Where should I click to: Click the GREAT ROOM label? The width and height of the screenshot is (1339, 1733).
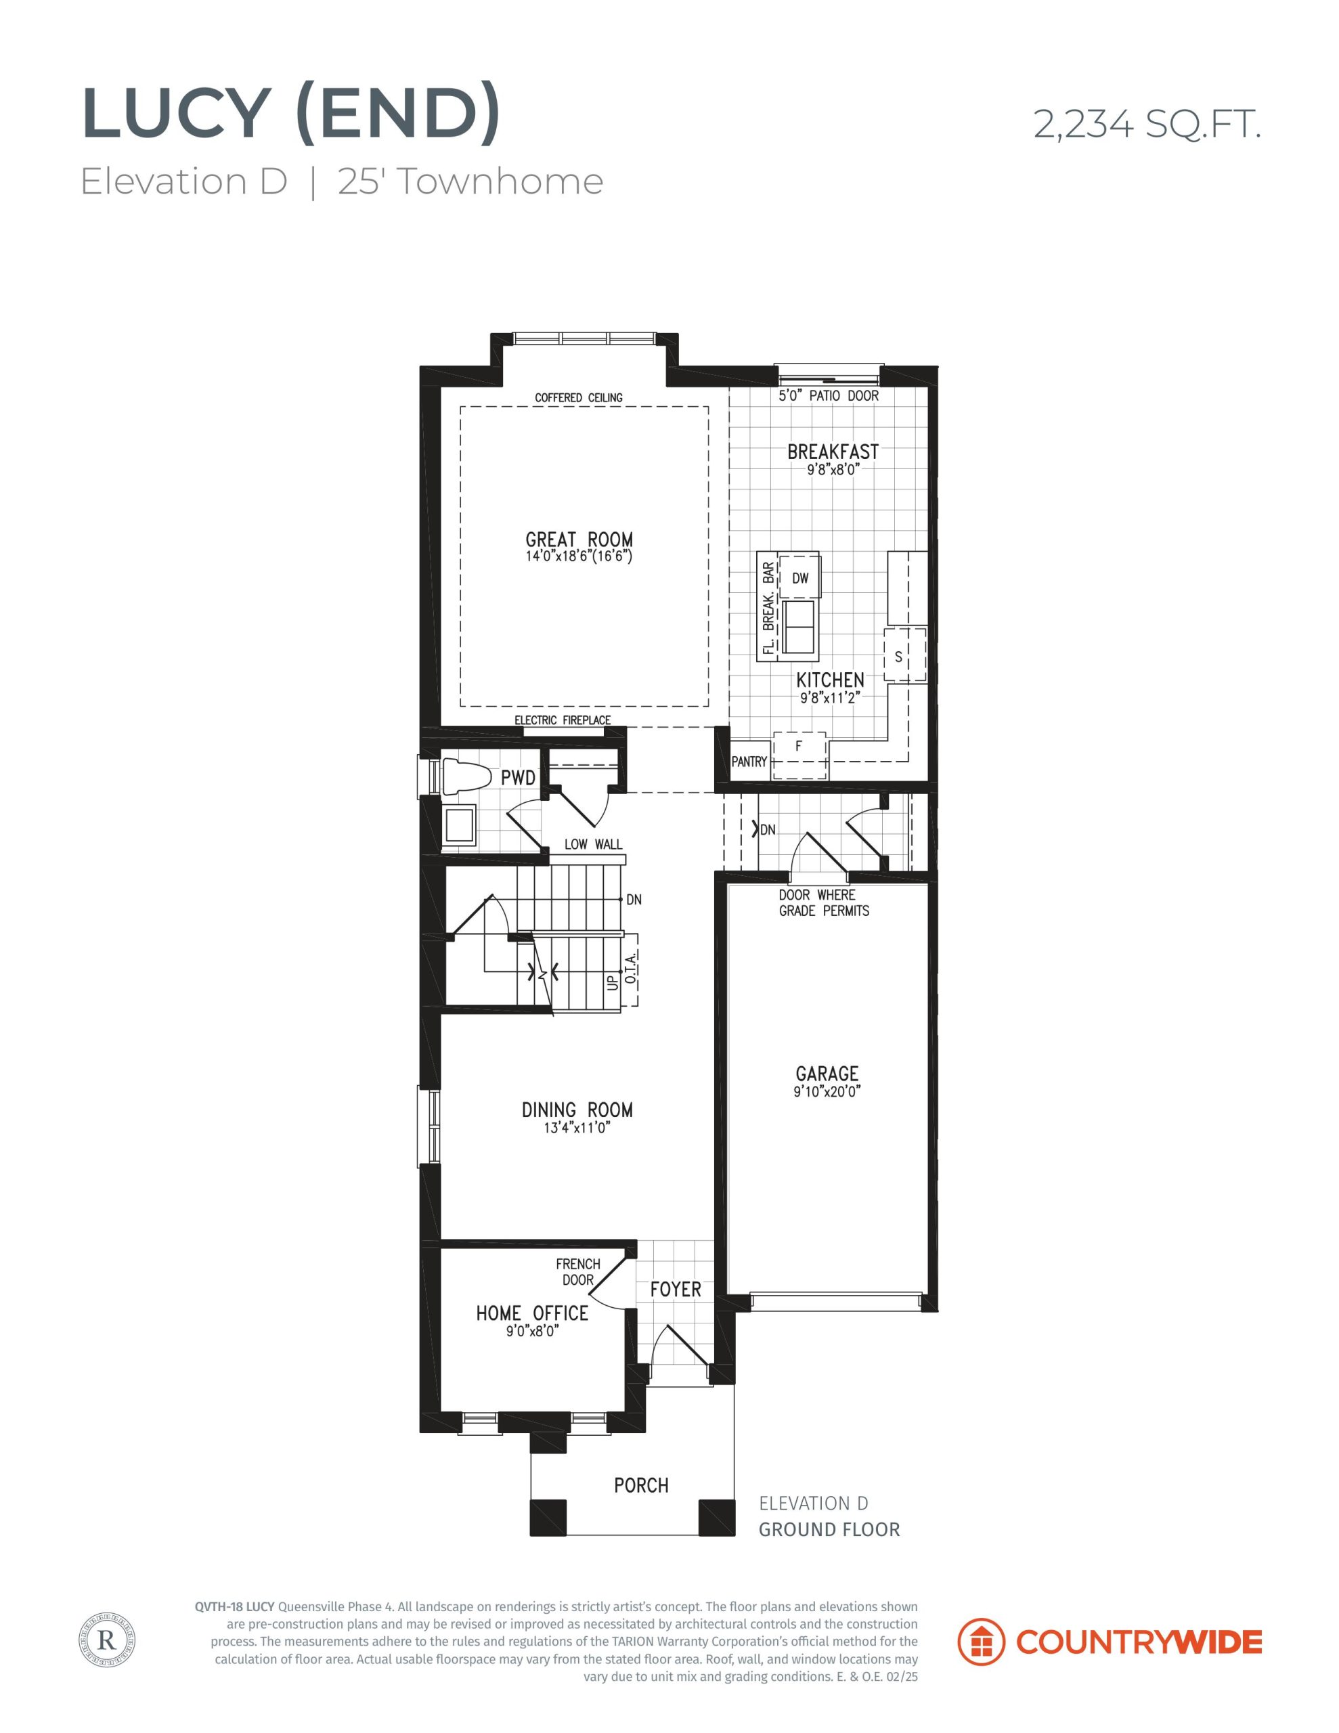tap(579, 540)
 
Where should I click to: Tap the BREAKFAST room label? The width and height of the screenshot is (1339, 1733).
tap(833, 452)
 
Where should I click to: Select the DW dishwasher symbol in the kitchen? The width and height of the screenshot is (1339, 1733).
tap(800, 577)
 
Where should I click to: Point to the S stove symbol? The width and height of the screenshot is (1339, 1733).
tap(905, 655)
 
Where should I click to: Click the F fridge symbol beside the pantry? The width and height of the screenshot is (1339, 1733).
tap(800, 755)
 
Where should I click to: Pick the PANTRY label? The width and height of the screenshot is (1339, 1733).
tap(749, 762)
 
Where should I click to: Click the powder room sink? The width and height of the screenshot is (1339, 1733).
tap(459, 825)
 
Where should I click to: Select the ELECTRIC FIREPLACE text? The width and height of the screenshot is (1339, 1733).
tap(563, 720)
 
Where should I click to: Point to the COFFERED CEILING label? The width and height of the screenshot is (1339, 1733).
tap(579, 397)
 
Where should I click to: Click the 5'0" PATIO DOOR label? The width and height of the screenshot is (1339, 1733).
tap(828, 395)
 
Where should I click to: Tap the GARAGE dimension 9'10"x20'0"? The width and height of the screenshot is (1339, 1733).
tap(828, 1092)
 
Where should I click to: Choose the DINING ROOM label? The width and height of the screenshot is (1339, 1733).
tap(577, 1110)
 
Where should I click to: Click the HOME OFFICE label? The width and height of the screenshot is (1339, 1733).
tap(532, 1313)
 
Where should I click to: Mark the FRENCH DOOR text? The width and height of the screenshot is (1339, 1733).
tap(578, 1272)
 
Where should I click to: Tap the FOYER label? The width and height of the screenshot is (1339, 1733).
tap(676, 1290)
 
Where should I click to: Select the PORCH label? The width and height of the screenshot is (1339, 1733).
tap(641, 1485)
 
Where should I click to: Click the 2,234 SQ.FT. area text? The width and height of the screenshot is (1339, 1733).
tap(1147, 125)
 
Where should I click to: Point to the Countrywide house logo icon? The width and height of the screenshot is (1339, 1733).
tap(982, 1642)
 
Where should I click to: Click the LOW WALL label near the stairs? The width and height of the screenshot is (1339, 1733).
tap(593, 844)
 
